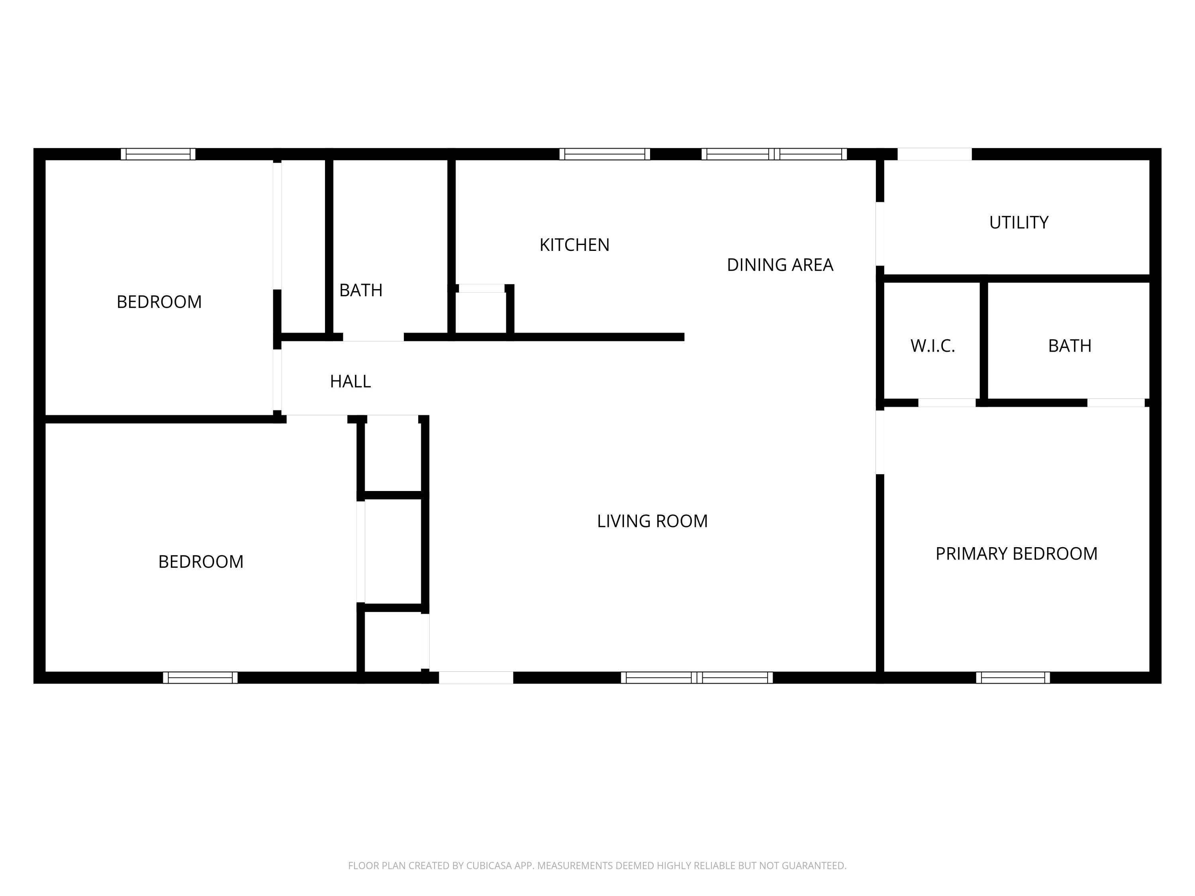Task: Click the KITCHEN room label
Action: point(574,245)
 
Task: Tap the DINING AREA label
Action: point(780,265)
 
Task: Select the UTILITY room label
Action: point(1019,223)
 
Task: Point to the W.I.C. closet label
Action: point(932,346)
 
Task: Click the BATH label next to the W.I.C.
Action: point(1069,346)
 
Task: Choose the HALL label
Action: point(350,382)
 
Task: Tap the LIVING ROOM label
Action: point(652,521)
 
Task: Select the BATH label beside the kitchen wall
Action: point(360,291)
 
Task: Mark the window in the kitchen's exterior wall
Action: point(605,155)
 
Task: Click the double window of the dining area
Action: point(774,155)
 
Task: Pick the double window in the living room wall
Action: point(696,678)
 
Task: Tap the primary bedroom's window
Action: point(1013,678)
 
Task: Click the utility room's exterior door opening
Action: point(934,155)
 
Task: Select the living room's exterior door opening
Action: point(475,678)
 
